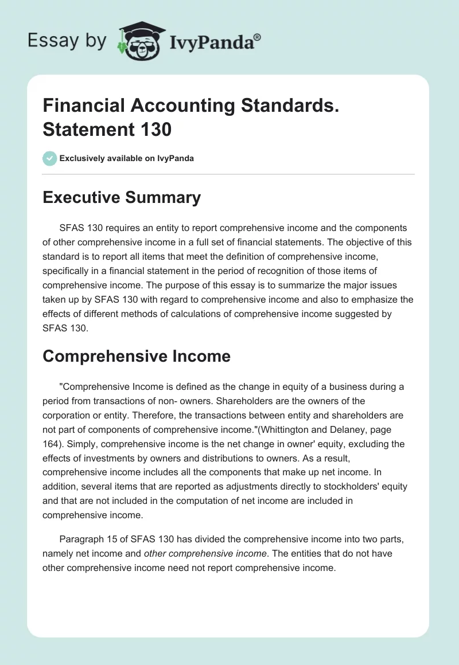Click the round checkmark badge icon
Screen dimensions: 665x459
[50, 158]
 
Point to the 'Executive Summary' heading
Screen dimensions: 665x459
[122, 197]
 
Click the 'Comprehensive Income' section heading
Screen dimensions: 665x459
[137, 356]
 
